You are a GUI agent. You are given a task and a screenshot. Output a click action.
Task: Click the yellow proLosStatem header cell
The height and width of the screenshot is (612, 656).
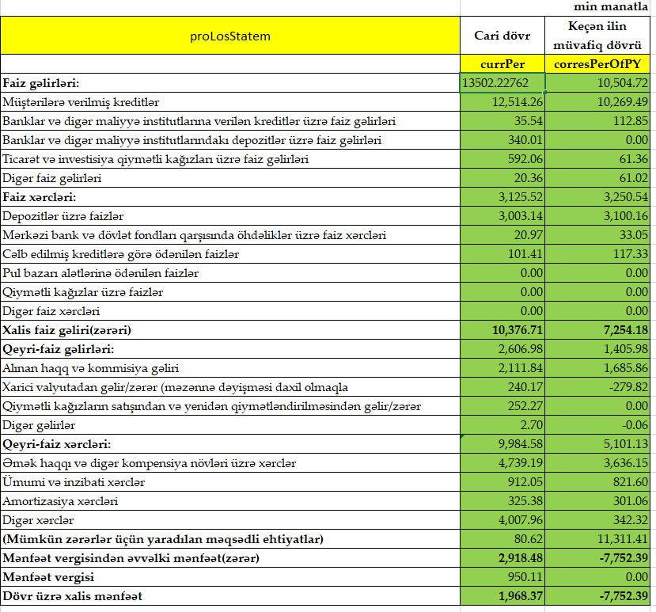pyautogui.click(x=230, y=36)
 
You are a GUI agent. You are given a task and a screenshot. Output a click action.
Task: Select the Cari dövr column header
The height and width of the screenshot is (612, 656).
pyautogui.click(x=502, y=36)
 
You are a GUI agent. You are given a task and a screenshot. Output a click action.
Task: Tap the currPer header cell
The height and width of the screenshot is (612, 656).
pyautogui.click(x=502, y=64)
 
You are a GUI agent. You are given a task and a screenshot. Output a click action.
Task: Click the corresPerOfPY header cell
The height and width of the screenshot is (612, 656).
pyautogui.click(x=601, y=64)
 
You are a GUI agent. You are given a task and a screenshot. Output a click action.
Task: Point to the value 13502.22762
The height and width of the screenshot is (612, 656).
pyautogui.click(x=502, y=83)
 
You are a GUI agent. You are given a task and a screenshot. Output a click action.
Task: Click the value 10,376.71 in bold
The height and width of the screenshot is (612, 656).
pyautogui.click(x=514, y=330)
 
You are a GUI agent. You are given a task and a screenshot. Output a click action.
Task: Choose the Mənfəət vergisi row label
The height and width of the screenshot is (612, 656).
pyautogui.click(x=48, y=577)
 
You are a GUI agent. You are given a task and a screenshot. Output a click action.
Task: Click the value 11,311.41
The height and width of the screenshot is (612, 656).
pyautogui.click(x=622, y=539)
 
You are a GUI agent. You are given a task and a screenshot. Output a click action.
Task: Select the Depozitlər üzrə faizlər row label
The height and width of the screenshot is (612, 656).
pyautogui.click(x=63, y=216)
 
